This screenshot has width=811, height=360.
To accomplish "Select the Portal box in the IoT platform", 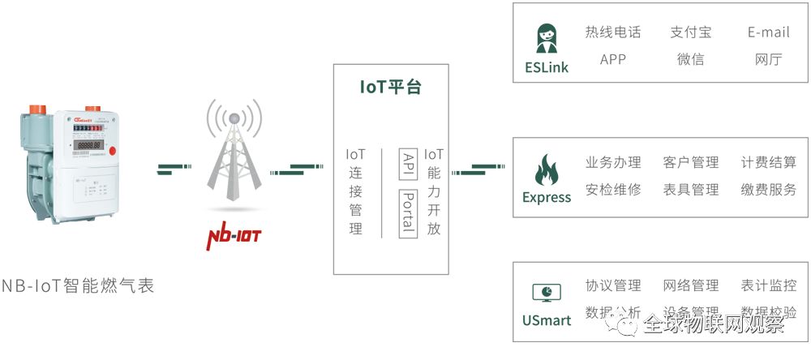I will (x=409, y=214).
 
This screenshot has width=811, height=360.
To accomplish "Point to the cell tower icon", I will (x=234, y=158).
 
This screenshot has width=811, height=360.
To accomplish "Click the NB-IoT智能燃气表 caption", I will (x=78, y=286).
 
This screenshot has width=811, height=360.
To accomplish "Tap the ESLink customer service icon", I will (x=546, y=37).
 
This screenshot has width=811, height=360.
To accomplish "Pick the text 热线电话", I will (x=613, y=32).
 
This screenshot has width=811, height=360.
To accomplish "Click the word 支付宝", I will (x=690, y=32).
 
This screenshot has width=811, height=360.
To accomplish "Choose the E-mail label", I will (x=768, y=32).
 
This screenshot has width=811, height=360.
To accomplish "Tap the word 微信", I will (x=690, y=59).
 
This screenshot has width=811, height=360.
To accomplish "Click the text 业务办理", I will (x=613, y=163).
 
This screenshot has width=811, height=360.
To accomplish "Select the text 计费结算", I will (x=768, y=163).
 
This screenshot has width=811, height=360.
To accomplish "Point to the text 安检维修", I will (x=613, y=190).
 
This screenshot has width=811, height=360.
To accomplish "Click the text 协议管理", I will (x=613, y=285).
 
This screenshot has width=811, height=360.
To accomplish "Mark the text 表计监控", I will (x=768, y=285).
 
